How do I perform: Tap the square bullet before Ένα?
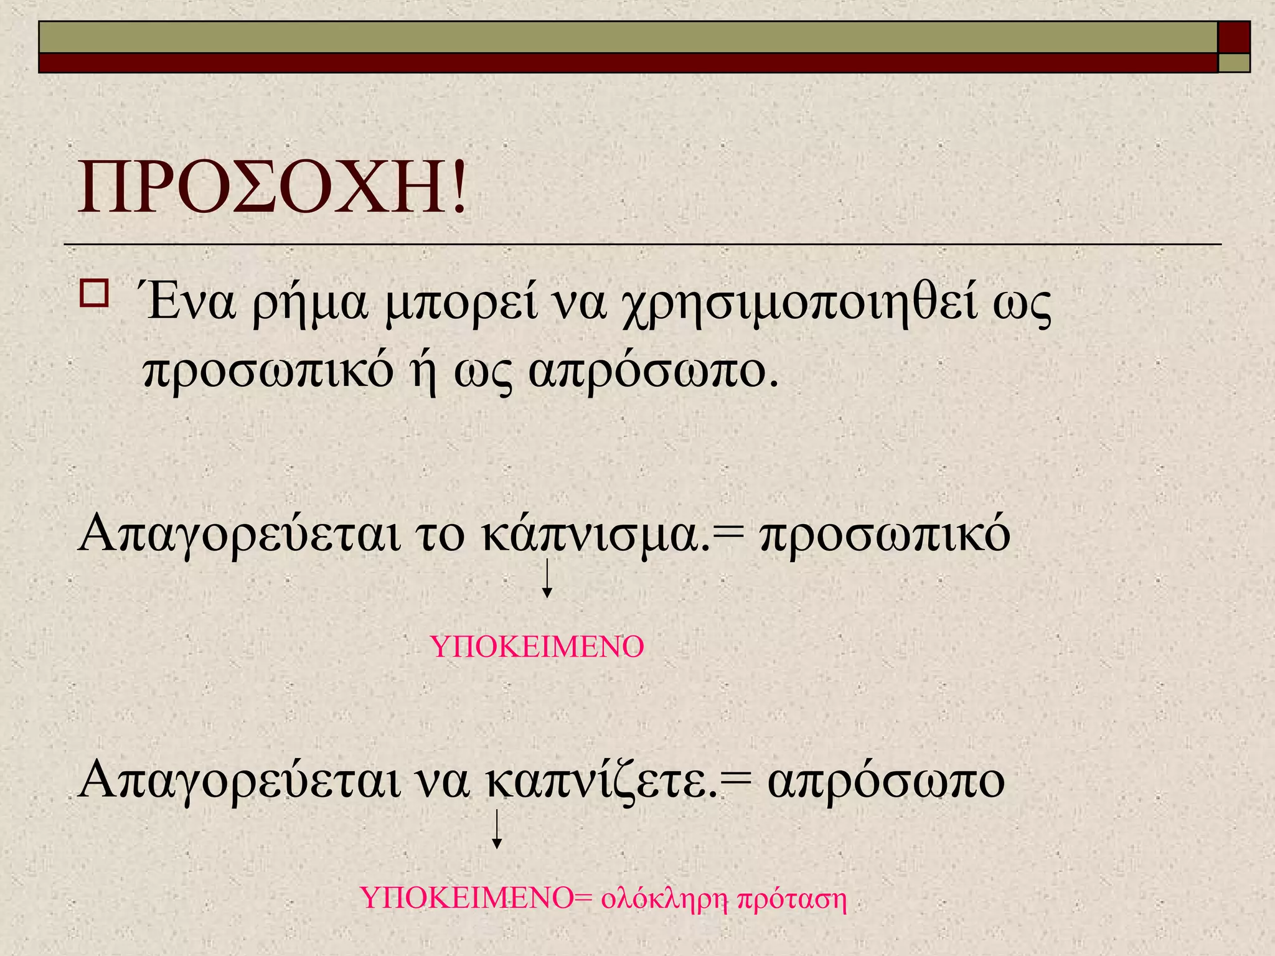point(94,293)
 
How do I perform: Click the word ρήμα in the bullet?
point(309,304)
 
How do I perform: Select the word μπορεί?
point(461,304)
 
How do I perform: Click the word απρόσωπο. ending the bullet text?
point(654,372)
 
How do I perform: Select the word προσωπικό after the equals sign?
point(885,534)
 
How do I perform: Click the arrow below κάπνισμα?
point(547,578)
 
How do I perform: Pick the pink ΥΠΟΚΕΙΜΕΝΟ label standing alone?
point(537,647)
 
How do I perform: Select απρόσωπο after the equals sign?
point(886,782)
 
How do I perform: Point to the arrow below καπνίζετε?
point(497,829)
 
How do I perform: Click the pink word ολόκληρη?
point(664,899)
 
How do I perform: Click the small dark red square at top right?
point(1233,37)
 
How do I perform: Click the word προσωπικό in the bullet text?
point(268,372)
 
